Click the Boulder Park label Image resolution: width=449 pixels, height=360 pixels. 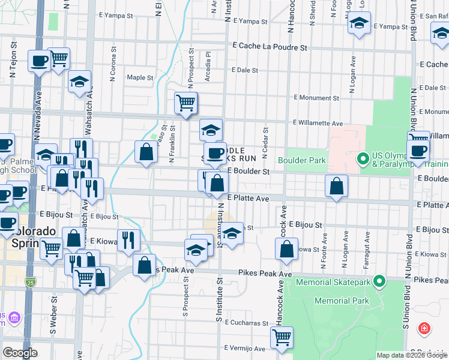tap(301, 160)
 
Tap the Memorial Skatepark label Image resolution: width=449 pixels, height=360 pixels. tap(339, 280)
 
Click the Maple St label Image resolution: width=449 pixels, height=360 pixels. tap(140, 77)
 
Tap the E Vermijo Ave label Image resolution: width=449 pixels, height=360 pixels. tap(244, 348)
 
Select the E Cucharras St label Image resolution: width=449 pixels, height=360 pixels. tap(247, 323)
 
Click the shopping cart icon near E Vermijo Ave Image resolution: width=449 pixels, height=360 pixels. tap(281, 337)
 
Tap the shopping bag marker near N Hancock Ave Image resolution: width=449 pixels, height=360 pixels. tap(288, 247)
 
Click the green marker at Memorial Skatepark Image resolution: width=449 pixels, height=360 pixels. tap(379, 280)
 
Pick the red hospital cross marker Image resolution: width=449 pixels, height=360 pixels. tap(424, 328)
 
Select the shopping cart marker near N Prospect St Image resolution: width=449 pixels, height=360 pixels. tap(186, 103)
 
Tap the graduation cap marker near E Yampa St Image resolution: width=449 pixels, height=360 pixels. tap(359, 25)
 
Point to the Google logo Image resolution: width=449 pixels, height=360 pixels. tap(20, 353)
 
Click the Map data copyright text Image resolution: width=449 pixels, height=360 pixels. tap(411, 355)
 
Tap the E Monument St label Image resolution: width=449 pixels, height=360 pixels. tap(316, 98)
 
